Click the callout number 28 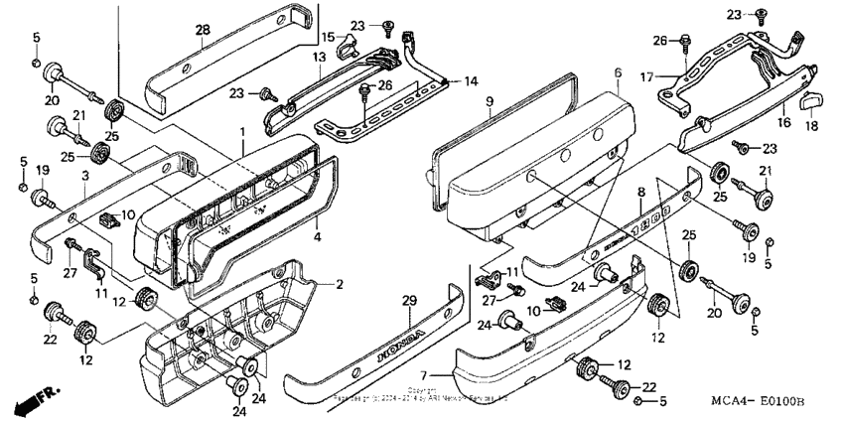coord(202,32)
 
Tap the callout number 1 coord(240,132)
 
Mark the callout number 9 coord(490,101)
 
